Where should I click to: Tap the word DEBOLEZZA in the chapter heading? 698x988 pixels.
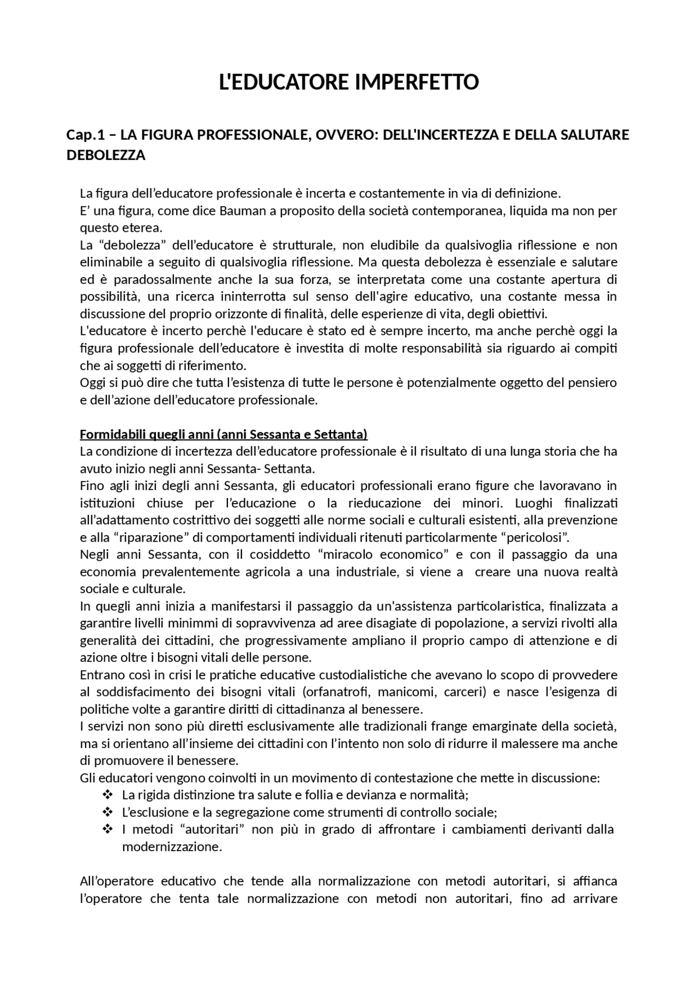106,155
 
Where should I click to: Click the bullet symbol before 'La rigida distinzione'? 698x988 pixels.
107,795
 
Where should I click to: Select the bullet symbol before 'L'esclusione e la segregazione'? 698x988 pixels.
107,812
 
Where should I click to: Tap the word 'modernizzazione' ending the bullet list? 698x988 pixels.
171,847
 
